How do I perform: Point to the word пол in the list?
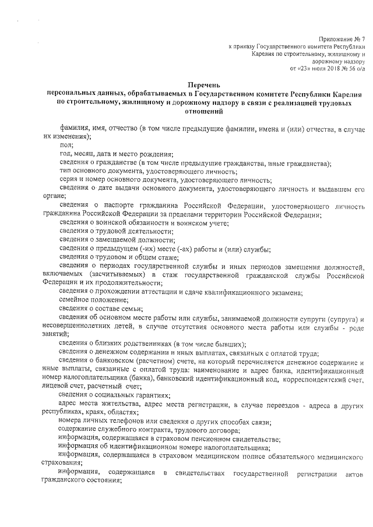pos(66,145)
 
